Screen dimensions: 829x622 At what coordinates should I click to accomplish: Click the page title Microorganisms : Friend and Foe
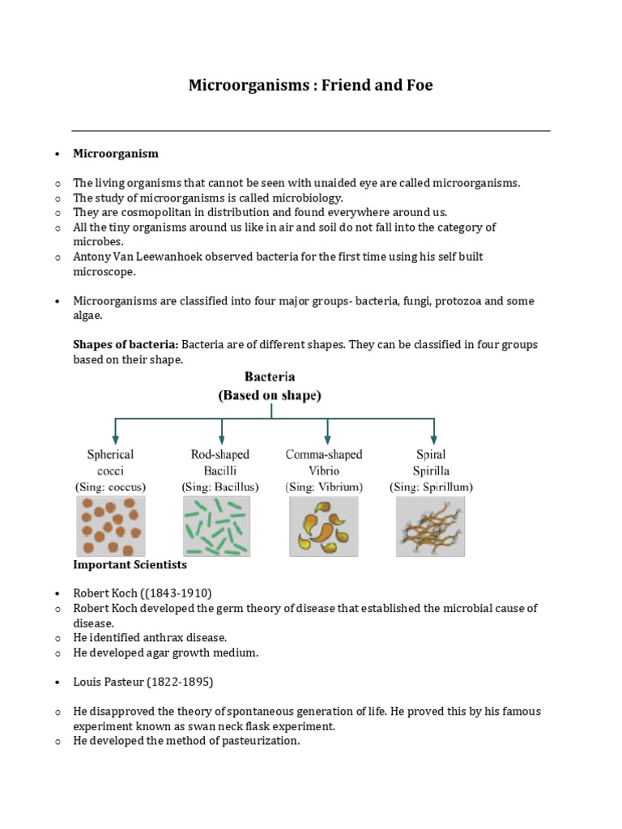point(310,85)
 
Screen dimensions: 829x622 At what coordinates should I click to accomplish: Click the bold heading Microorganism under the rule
point(116,153)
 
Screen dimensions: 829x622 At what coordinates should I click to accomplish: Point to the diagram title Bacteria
point(270,377)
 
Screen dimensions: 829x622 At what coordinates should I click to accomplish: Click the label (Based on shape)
point(270,396)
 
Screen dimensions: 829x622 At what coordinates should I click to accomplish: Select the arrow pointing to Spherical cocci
point(116,430)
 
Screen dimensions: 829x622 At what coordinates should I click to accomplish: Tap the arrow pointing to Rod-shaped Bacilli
point(221,430)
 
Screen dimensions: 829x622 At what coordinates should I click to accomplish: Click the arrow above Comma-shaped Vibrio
point(327,430)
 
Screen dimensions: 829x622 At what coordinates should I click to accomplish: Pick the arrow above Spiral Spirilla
point(434,430)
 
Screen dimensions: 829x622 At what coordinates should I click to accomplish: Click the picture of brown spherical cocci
point(111,526)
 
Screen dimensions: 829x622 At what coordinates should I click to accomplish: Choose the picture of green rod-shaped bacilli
point(217,526)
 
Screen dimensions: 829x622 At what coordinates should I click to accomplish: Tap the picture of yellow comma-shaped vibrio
point(324,526)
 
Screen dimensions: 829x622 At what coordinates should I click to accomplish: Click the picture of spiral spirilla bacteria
point(430,526)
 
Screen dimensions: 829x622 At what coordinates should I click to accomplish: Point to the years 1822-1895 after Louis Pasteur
point(183,682)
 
